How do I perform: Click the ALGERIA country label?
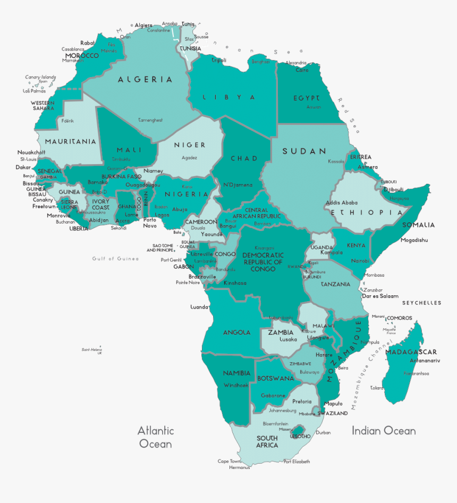[x=145, y=80]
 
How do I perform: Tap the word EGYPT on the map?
[x=306, y=98]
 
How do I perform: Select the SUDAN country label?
[x=304, y=151]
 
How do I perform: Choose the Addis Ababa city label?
[x=342, y=202]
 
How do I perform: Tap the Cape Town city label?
[x=230, y=461]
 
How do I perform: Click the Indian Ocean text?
[x=384, y=430]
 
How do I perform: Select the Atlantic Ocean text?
[x=155, y=437]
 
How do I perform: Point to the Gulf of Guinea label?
[x=115, y=259]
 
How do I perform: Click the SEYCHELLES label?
[x=421, y=303]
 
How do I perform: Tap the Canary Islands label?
[x=40, y=77]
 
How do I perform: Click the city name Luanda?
[x=199, y=307]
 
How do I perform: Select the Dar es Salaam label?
[x=380, y=296]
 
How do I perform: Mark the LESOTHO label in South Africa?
[x=301, y=436]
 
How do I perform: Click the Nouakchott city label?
[x=31, y=152]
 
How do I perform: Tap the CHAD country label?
[x=244, y=158]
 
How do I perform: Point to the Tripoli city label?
[x=219, y=61]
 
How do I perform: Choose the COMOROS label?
[x=399, y=318]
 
